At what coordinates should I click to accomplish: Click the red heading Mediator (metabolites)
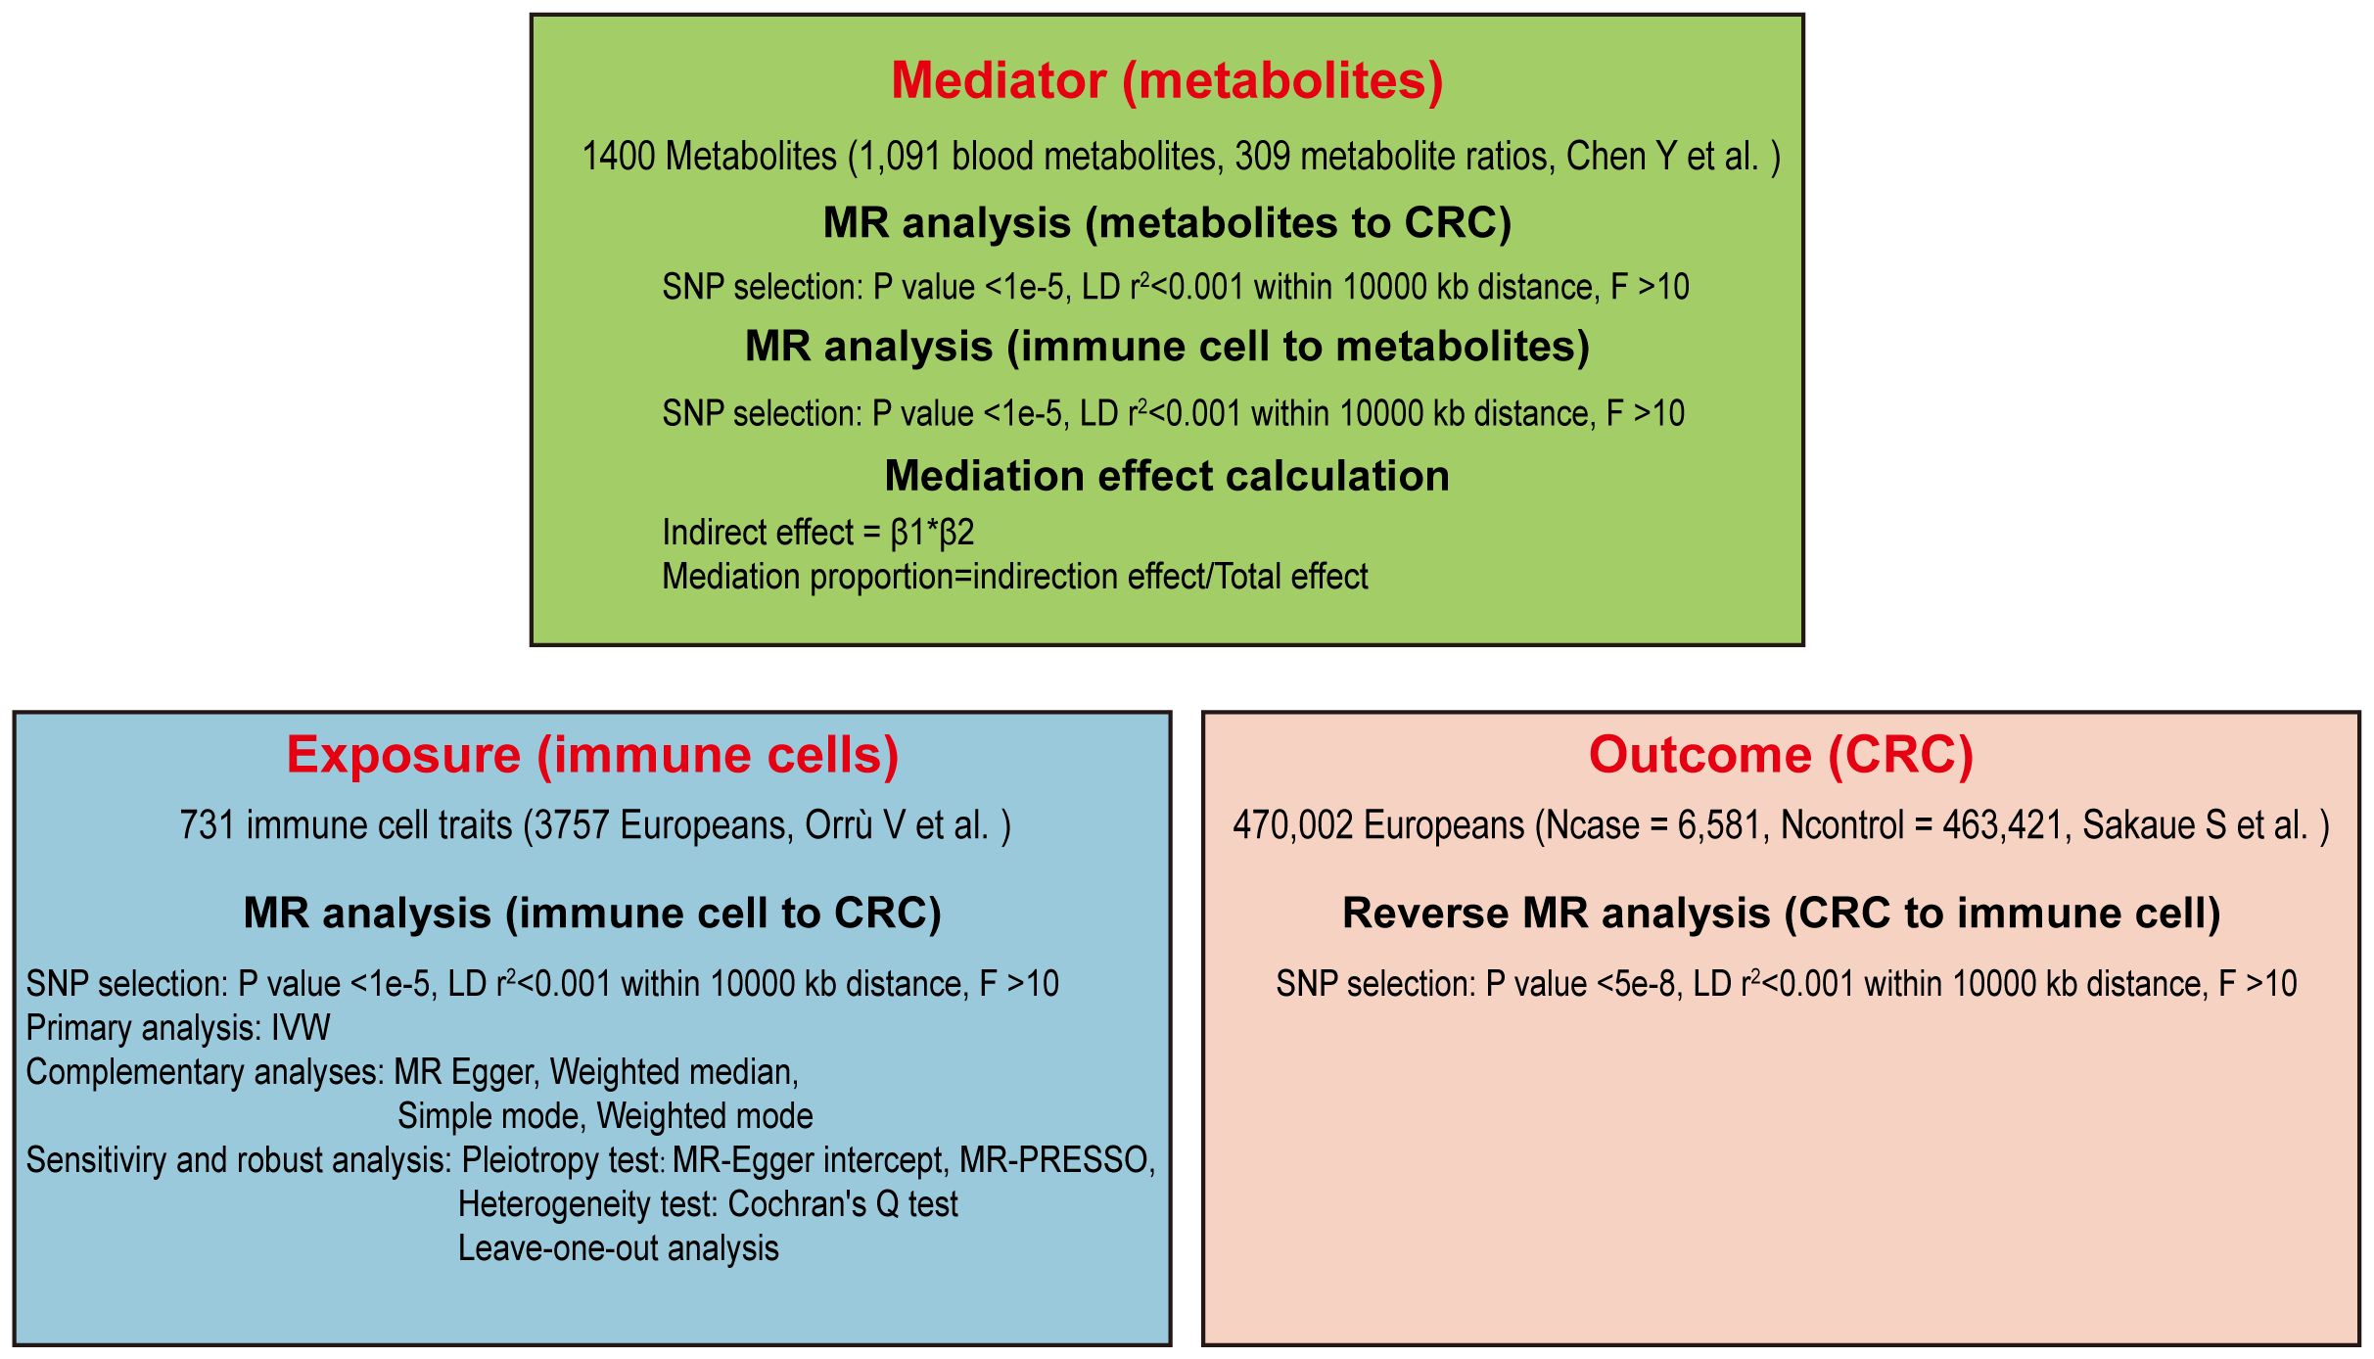[1167, 80]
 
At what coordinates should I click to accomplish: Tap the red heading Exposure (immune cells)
[592, 755]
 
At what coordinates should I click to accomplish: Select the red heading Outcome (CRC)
[1781, 755]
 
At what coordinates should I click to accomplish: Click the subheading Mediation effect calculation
[1167, 476]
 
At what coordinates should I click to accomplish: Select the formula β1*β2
[933, 533]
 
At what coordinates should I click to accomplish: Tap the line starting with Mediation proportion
[1015, 577]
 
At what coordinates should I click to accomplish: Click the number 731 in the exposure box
[208, 825]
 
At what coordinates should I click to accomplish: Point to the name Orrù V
[855, 825]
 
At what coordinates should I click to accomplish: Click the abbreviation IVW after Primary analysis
[301, 1028]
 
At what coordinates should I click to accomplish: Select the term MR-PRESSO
[1057, 1160]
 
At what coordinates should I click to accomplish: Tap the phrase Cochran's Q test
[843, 1204]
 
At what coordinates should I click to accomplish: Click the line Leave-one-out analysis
[619, 1248]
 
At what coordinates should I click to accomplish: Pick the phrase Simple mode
[491, 1116]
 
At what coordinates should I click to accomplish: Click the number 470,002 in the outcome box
[1293, 825]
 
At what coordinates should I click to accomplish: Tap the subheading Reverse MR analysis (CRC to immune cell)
[1781, 914]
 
